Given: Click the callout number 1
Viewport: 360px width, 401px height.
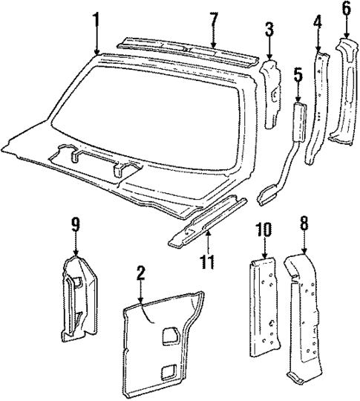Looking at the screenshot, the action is click(x=96, y=22).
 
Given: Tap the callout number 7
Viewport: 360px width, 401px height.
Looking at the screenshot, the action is click(x=214, y=22).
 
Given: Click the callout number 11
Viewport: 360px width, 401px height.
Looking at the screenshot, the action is click(x=208, y=261).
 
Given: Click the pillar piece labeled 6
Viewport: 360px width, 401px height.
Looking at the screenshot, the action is click(x=343, y=91).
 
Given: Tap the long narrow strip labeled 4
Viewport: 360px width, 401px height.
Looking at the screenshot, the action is click(x=317, y=108).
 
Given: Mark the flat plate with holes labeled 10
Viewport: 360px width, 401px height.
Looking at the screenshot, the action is click(x=264, y=307).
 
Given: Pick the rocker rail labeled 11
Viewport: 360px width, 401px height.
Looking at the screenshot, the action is click(x=207, y=221).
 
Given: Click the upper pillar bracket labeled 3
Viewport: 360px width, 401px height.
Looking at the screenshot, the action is click(x=270, y=94).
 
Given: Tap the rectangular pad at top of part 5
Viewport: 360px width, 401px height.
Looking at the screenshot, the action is click(x=298, y=122).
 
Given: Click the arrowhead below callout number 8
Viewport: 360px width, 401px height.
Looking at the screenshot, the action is click(x=304, y=252).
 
